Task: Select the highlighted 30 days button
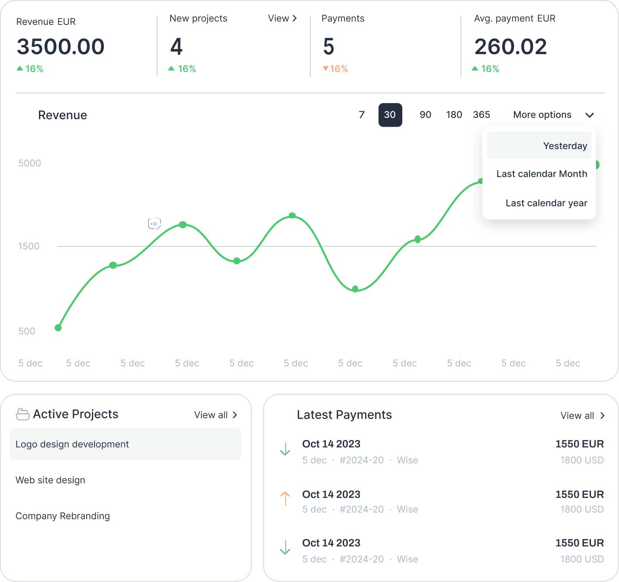(390, 115)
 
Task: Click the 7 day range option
(362, 115)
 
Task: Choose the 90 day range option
(425, 115)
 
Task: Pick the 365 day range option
(481, 115)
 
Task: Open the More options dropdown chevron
(589, 115)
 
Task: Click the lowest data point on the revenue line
(58, 328)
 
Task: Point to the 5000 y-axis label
(30, 163)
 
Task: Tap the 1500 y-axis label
(29, 246)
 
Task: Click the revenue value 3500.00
(60, 46)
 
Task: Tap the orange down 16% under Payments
(335, 69)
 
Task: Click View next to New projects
(282, 18)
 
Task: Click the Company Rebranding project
(63, 516)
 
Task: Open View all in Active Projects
(216, 415)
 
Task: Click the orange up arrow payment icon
(285, 498)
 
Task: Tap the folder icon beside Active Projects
(23, 414)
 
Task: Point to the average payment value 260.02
(510, 46)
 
